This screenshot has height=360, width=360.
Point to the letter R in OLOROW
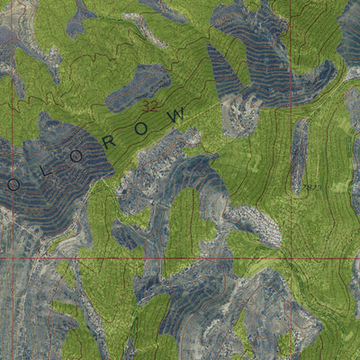120,135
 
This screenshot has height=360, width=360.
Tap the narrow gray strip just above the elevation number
300,153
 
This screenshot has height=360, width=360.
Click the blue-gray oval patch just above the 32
139,85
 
